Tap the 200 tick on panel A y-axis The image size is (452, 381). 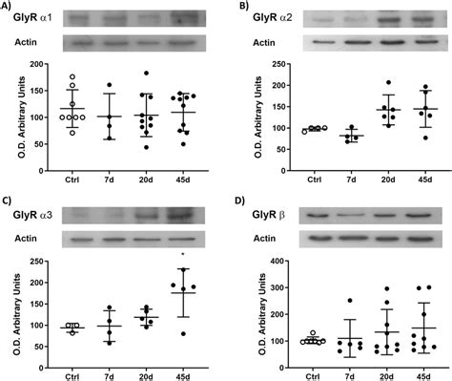point(44,64)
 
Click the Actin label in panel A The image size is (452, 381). point(25,43)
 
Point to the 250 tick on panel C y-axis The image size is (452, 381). point(44,261)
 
